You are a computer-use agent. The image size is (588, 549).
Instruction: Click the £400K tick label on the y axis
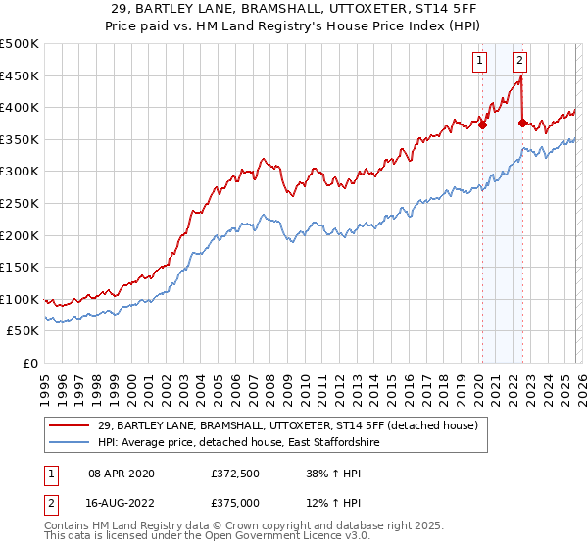tap(20, 108)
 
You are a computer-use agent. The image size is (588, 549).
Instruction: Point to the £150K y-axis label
tap(20, 267)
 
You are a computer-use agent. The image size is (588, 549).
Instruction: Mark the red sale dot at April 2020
tap(482, 125)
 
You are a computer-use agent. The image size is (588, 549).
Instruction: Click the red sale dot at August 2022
tap(522, 123)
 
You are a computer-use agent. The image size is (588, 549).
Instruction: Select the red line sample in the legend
tap(70, 425)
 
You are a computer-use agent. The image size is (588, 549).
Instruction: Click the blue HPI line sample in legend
tap(70, 443)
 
